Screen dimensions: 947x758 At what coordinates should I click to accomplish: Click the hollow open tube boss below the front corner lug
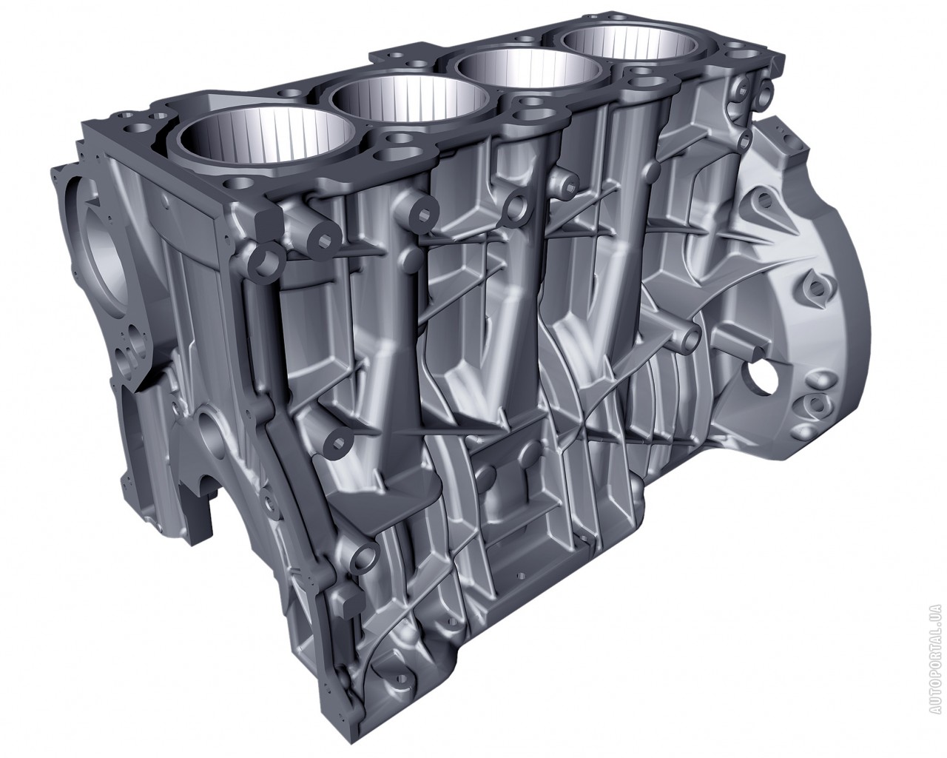tap(266, 261)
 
